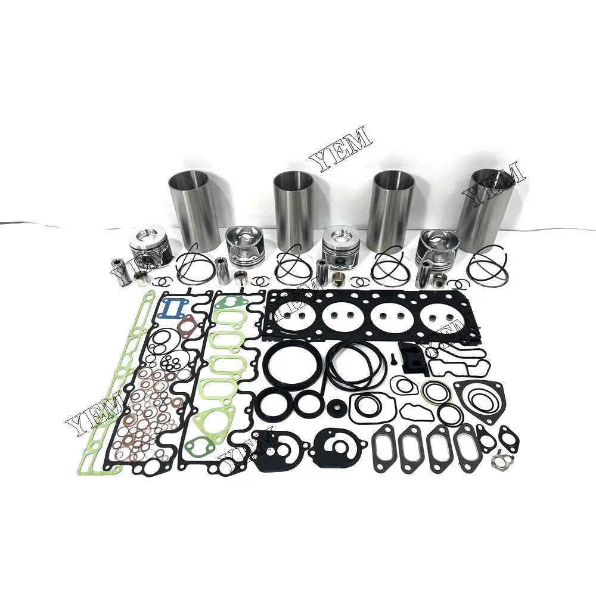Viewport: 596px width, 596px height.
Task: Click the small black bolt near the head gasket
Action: coord(394,360)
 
